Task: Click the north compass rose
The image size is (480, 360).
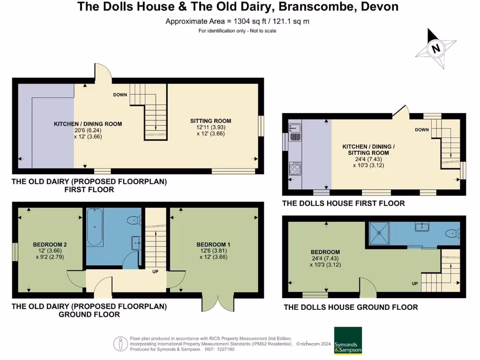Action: [436, 48]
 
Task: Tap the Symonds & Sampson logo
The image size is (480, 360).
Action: [348, 340]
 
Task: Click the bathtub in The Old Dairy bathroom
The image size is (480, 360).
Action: [94, 228]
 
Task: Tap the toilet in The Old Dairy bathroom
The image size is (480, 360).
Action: [135, 219]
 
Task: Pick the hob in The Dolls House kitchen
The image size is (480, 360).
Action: [296, 168]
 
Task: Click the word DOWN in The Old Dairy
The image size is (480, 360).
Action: [120, 95]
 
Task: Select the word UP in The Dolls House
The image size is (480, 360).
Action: [414, 284]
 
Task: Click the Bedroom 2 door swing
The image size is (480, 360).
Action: [75, 279]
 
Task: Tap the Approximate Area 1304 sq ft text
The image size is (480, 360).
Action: [237, 21]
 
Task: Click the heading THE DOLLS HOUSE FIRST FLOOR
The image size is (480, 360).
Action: [343, 203]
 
